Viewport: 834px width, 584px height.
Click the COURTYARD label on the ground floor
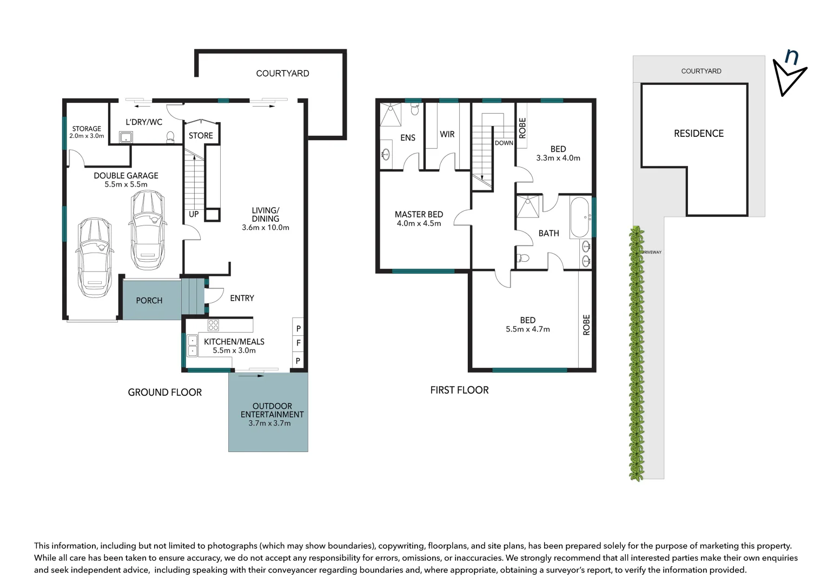(x=282, y=74)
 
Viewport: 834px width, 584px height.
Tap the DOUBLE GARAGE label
(x=126, y=176)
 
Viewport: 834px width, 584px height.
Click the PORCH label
(x=149, y=301)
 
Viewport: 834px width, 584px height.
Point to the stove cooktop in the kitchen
(x=214, y=325)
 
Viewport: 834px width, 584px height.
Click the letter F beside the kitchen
(x=298, y=343)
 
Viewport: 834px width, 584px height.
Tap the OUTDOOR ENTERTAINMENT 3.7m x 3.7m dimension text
(x=269, y=423)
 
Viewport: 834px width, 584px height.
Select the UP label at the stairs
(x=194, y=214)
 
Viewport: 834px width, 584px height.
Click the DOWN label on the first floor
(x=504, y=143)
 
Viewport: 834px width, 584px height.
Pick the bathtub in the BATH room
(x=580, y=218)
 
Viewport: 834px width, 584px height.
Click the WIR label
(x=447, y=134)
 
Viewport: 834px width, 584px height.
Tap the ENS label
(x=407, y=138)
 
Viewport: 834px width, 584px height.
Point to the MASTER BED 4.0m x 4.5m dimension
(x=419, y=223)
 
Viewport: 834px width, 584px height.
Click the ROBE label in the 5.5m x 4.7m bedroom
(x=586, y=325)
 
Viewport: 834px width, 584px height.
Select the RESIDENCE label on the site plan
(x=698, y=134)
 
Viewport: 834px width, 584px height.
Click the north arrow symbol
(x=789, y=73)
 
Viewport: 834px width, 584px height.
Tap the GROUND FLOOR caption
(x=164, y=393)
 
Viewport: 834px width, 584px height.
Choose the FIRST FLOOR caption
(x=459, y=390)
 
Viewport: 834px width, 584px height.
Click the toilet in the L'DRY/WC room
(x=171, y=137)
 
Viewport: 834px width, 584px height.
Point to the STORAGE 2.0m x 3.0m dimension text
(x=87, y=136)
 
